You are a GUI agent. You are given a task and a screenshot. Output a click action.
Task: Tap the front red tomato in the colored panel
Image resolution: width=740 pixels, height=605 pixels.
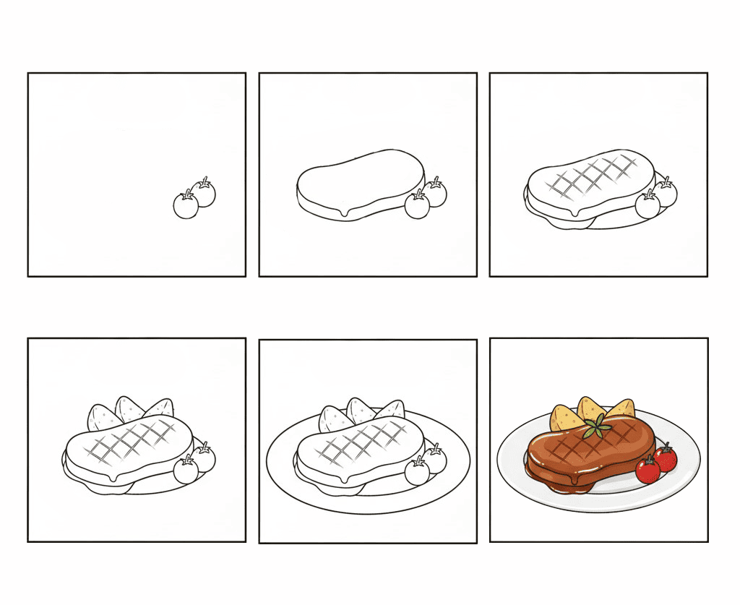pos(647,471)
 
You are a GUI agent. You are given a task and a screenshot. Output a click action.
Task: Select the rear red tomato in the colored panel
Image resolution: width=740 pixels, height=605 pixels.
pos(666,458)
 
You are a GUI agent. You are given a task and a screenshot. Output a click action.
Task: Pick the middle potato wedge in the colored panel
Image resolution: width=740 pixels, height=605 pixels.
pos(590,408)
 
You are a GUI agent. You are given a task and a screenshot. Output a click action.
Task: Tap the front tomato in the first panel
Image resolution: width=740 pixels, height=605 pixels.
pos(186,206)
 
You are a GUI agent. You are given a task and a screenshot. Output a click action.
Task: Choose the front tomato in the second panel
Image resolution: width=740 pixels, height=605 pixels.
pos(416,205)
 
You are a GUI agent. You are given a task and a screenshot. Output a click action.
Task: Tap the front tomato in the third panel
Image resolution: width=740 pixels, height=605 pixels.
pos(647,206)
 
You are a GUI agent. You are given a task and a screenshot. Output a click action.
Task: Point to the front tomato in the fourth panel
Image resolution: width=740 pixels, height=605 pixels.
pos(186,471)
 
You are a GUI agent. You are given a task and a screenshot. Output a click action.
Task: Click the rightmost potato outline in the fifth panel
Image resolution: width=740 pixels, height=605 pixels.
pos(389,410)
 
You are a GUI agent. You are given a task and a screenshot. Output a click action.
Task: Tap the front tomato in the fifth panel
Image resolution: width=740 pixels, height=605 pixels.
pos(417,472)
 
